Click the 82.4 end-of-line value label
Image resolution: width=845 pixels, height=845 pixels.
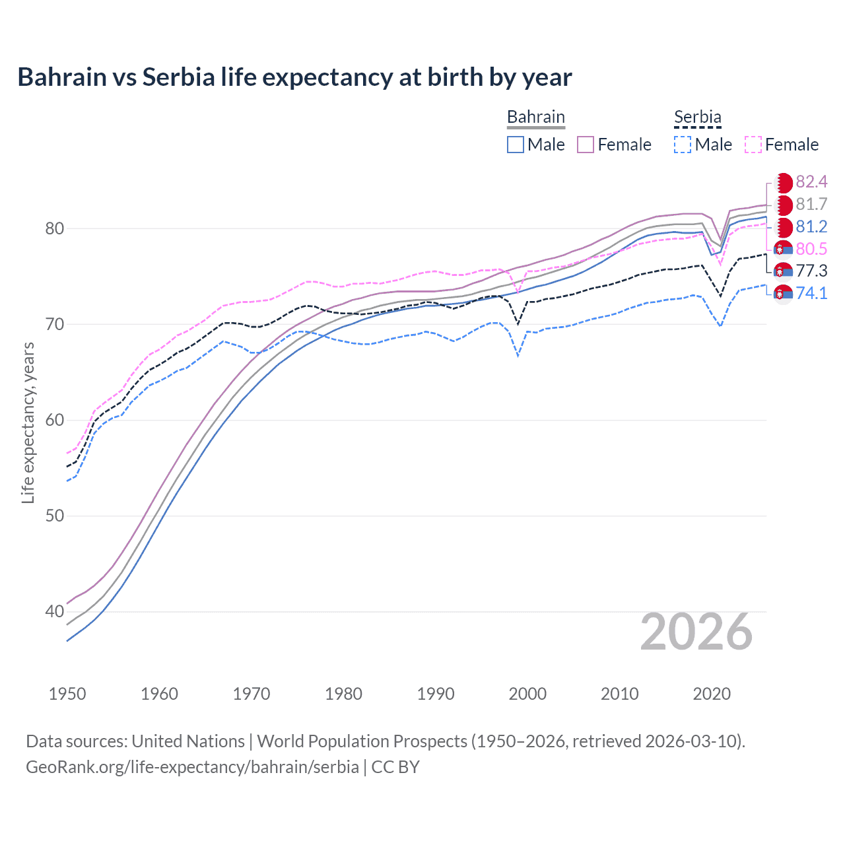coord(811,182)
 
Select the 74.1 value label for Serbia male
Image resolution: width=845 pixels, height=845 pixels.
coord(811,293)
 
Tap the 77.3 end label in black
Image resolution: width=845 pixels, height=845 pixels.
coord(811,271)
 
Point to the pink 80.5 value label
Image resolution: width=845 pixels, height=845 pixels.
coord(811,249)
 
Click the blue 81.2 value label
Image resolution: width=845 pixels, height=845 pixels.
coord(811,226)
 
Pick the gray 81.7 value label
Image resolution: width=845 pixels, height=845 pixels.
coord(811,204)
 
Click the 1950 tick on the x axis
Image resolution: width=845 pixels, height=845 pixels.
coord(67,694)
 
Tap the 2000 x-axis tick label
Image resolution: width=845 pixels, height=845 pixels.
coord(527,694)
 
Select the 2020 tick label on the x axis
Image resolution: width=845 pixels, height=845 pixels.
coord(712,694)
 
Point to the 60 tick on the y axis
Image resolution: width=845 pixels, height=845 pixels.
coord(55,420)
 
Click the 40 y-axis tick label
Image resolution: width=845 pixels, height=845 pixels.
coord(55,611)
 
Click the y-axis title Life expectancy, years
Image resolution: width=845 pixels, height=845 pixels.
coord(28,422)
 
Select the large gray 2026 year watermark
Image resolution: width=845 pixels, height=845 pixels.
coord(696,632)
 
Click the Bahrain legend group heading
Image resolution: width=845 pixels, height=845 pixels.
coord(535,117)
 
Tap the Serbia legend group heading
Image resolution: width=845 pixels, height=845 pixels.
coord(697,117)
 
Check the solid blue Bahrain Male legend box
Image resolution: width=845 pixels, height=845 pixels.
coord(516,145)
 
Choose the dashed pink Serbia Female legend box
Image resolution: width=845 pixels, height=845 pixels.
coord(753,145)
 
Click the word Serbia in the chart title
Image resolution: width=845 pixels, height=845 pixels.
coord(179,77)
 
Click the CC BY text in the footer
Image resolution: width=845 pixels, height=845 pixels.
coord(395,767)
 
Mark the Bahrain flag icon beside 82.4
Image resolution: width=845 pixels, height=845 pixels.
coord(783,182)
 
